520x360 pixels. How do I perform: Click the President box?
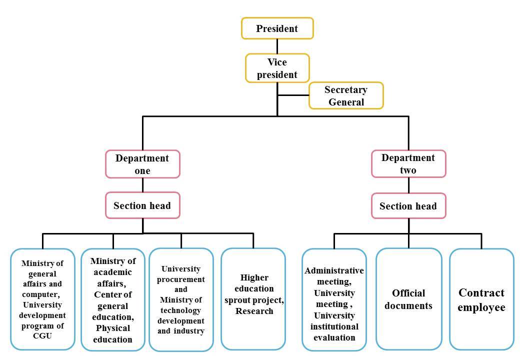[277, 28]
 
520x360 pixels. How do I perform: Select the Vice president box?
[277, 68]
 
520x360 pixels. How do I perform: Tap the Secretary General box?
[345, 95]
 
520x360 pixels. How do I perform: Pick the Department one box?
[142, 164]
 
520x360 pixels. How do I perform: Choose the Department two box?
[408, 163]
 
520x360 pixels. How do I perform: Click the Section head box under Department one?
[142, 205]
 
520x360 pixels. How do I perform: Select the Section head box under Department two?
[408, 206]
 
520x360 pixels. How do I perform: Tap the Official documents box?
[408, 299]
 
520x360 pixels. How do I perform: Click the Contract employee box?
[481, 299]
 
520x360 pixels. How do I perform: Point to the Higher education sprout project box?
[253, 299]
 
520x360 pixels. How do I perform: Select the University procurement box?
[181, 299]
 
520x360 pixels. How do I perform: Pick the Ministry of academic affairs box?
[113, 299]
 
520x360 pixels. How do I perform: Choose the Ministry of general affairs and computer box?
[42, 299]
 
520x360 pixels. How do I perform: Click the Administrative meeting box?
[334, 299]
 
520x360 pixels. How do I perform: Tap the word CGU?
[42, 335]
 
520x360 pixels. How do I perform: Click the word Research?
[254, 311]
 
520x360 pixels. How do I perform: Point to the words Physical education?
[113, 333]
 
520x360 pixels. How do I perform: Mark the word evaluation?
[334, 337]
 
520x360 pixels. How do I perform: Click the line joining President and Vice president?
[277, 46]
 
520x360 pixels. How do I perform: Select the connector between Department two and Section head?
[408, 185]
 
